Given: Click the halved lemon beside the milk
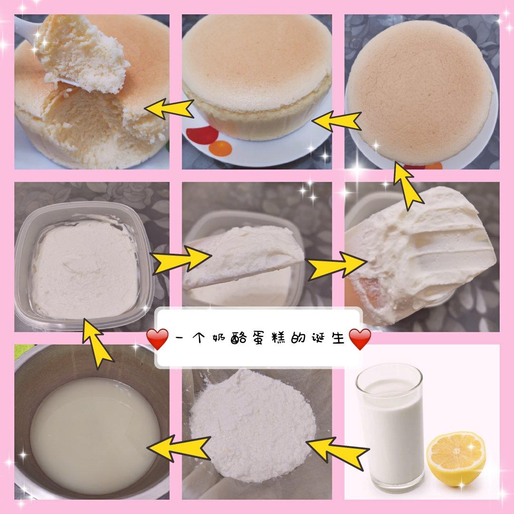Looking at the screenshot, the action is tap(456, 460).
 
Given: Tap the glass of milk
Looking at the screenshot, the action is tap(390, 426).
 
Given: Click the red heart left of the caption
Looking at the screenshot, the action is tap(158, 339).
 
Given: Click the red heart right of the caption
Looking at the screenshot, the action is tap(360, 339).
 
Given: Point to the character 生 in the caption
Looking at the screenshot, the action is tap(337, 338).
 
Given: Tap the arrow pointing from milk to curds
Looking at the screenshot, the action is tap(337, 453).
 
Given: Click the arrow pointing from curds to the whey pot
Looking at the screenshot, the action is tap(179, 448).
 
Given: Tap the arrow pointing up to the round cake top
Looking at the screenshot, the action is tap(406, 186).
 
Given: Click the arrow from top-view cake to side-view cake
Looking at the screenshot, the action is tap(336, 120).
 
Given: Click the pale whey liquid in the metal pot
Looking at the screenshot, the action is tap(95, 435).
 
